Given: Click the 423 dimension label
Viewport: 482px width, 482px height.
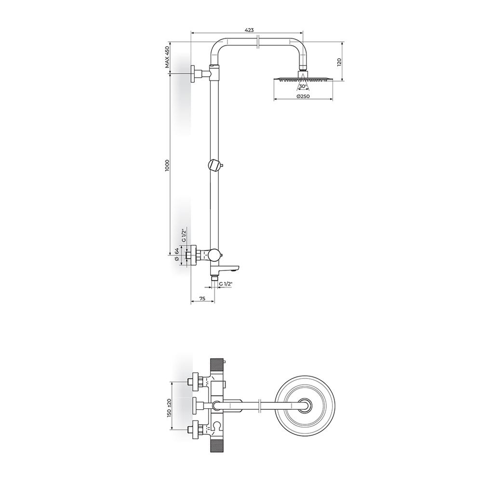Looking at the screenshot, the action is (249, 30).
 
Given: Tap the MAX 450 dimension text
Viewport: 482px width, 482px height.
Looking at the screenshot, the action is (167, 57).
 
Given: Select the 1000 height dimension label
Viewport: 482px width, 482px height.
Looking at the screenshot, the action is (167, 165).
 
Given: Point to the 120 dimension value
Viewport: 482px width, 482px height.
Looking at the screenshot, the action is (339, 62).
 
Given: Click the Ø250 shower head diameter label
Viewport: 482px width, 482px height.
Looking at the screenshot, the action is (303, 96).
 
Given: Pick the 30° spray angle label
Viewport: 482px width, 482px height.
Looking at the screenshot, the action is (303, 86).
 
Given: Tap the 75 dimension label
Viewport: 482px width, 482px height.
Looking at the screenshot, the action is (202, 298).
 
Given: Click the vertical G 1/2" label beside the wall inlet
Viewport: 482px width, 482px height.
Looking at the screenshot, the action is (184, 236).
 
